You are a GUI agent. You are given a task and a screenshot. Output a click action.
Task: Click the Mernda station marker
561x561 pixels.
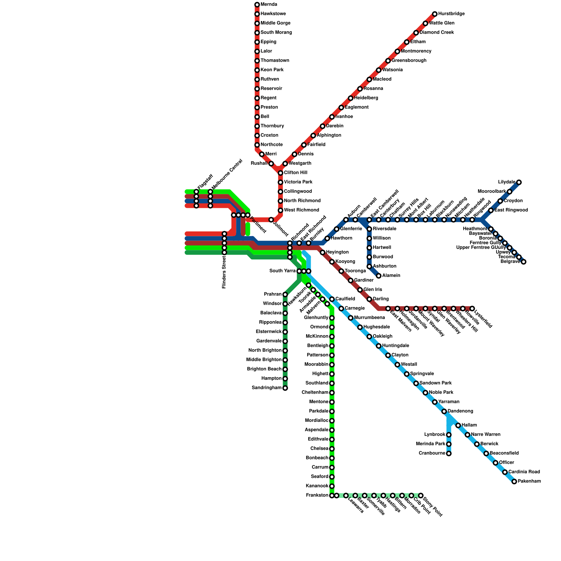[x=257, y=5]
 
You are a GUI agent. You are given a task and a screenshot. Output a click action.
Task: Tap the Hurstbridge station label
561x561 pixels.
[x=451, y=14]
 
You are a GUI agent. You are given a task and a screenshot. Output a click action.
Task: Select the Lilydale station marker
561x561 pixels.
[x=519, y=182]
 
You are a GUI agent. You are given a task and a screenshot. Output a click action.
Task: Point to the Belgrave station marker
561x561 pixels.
[x=523, y=262]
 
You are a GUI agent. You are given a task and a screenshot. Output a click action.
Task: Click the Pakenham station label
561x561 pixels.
[x=529, y=481]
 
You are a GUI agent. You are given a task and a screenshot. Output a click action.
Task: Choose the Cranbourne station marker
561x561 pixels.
[x=449, y=454]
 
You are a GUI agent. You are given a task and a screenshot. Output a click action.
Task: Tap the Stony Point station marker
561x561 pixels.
[x=421, y=495]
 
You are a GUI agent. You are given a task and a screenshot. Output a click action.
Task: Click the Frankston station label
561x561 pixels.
[x=317, y=495]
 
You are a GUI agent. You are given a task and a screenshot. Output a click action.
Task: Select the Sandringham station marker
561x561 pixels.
[x=285, y=388]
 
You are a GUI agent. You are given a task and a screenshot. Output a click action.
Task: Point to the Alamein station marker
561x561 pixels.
[x=379, y=276]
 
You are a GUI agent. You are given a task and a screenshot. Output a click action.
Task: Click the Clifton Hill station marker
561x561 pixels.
[x=280, y=173]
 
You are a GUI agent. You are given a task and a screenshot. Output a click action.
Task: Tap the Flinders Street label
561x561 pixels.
[x=224, y=272]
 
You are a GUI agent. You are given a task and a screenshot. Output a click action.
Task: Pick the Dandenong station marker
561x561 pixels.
[x=444, y=411]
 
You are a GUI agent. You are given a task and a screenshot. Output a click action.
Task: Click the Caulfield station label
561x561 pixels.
[x=345, y=299]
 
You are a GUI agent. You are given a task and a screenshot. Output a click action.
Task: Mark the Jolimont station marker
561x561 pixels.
[x=271, y=220]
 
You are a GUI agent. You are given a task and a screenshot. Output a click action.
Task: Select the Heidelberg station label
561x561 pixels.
[x=366, y=98]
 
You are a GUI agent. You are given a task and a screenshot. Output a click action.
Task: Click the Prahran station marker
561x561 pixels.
[x=285, y=295]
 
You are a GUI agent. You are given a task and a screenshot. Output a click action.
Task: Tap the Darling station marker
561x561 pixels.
[x=369, y=299]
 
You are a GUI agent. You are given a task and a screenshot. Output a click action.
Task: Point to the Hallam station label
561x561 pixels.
[x=469, y=425]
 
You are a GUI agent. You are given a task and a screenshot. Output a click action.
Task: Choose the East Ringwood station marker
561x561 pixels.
[x=491, y=210]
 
